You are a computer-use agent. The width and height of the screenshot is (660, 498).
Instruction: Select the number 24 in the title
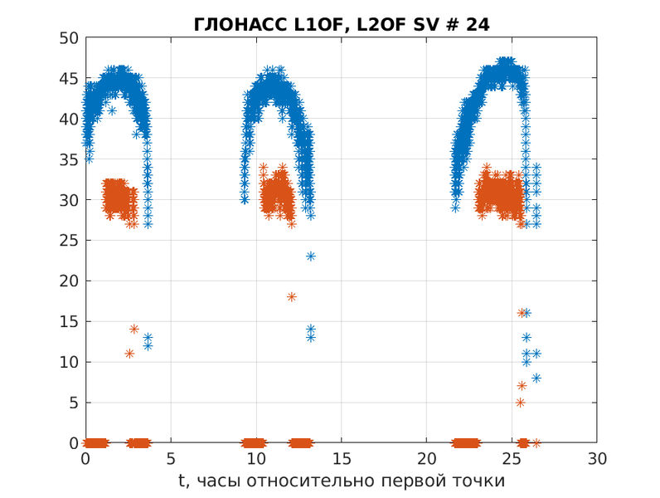point(478,25)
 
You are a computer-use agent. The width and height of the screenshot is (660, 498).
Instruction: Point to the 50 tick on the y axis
point(71,38)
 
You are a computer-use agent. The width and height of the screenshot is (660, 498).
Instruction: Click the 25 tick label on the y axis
point(71,241)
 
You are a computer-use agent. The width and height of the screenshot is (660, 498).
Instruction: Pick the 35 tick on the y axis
point(71,159)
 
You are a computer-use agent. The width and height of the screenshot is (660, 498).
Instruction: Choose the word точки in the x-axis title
point(483,481)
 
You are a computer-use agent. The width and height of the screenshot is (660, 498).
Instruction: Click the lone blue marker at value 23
point(310,256)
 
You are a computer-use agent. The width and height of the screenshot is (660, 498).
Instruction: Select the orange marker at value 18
point(291,296)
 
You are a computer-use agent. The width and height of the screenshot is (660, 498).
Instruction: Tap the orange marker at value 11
point(129,354)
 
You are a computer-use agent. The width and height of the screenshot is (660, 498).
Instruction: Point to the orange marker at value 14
point(133,329)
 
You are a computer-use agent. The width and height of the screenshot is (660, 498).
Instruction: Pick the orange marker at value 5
point(520,403)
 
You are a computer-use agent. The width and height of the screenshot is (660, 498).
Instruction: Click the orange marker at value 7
point(522,386)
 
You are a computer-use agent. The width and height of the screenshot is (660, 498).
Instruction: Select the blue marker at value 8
point(536,378)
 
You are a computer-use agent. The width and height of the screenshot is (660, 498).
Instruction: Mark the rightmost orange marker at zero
point(536,443)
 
